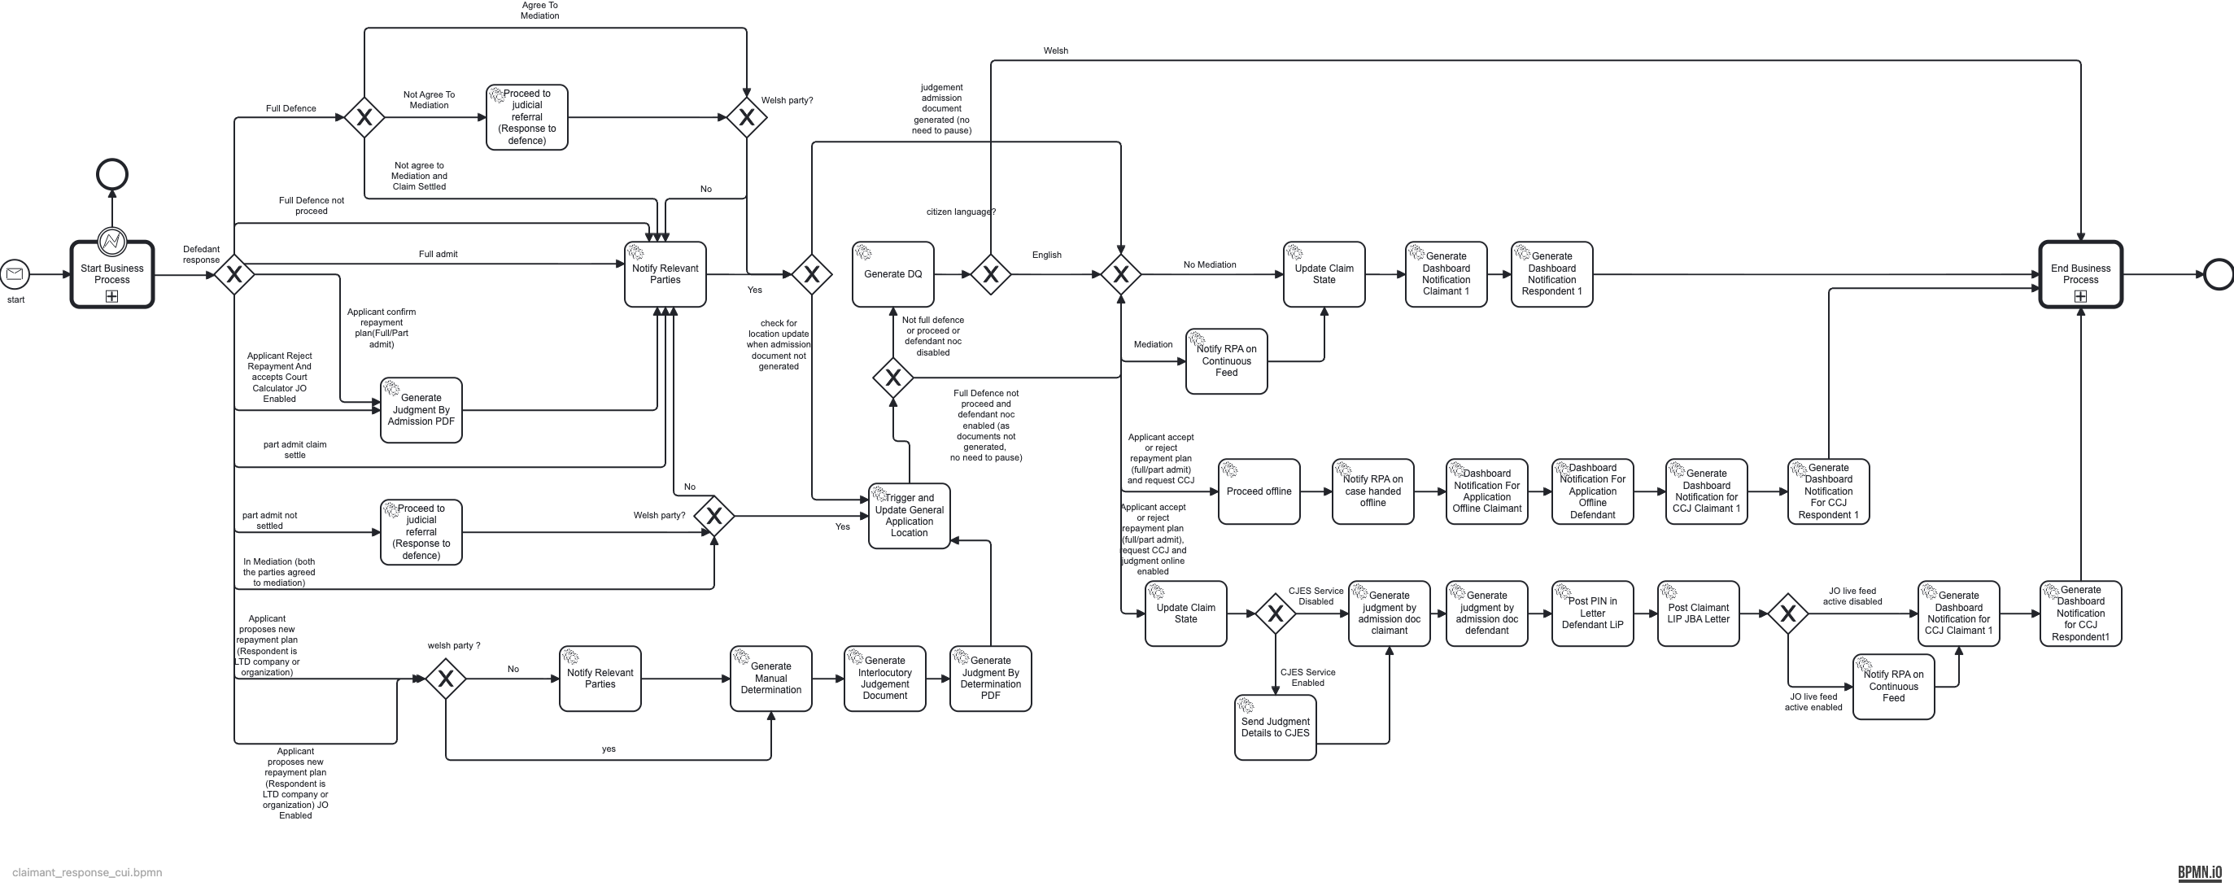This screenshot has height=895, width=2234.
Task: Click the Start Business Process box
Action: click(x=112, y=274)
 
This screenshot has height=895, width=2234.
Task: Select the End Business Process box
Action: click(x=2079, y=274)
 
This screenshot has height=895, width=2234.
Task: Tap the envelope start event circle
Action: click(x=15, y=274)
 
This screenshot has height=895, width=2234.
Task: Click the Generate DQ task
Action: click(x=892, y=274)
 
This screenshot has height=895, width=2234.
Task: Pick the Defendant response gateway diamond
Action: click(x=234, y=275)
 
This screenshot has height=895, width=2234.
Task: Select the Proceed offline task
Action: click(x=1259, y=491)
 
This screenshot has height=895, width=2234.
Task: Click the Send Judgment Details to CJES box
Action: click(x=1275, y=727)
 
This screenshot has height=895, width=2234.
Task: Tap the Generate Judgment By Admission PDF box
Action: click(x=421, y=410)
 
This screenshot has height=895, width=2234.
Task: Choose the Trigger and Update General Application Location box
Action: click(x=909, y=516)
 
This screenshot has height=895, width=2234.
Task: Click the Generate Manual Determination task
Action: click(x=770, y=679)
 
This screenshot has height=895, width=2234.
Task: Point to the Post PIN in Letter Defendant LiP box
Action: click(x=1592, y=613)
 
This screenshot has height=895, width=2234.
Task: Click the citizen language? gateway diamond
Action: click(x=990, y=275)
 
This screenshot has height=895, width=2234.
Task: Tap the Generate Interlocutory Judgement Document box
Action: click(x=884, y=679)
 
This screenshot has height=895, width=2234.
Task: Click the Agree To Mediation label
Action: click(x=539, y=11)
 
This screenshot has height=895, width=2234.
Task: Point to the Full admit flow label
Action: click(x=438, y=254)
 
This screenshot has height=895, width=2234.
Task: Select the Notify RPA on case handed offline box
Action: click(x=1372, y=491)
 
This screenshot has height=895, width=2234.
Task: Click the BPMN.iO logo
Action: click(x=2199, y=872)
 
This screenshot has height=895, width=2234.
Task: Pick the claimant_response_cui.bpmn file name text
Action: click(x=87, y=872)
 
